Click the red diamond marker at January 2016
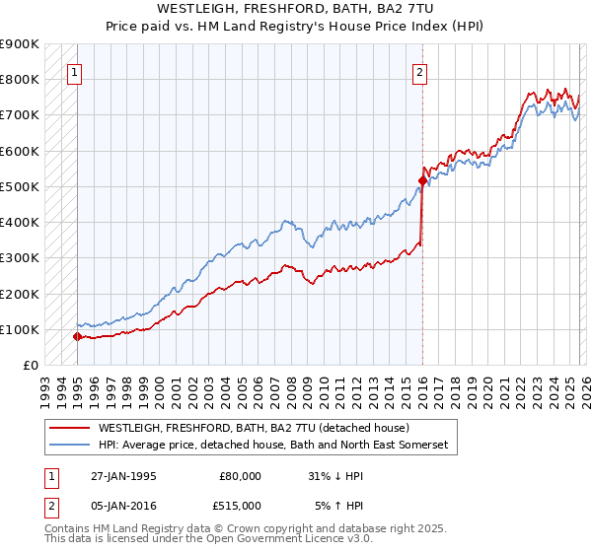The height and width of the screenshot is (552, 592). (x=422, y=180)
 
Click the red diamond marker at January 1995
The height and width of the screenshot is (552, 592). (x=77, y=336)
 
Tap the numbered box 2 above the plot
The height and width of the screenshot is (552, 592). (x=420, y=71)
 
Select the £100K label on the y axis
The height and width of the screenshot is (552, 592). (x=19, y=329)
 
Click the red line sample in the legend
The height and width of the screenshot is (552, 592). (x=70, y=429)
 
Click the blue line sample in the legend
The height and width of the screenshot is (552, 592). (x=70, y=446)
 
